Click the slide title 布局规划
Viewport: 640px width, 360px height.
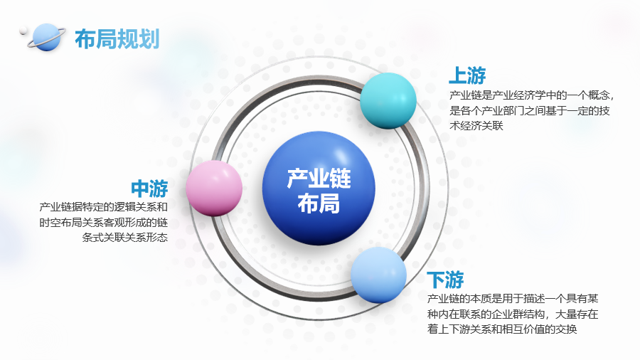(x=117, y=39)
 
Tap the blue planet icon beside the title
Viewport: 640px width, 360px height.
(x=46, y=38)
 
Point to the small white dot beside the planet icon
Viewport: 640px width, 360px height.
(x=23, y=31)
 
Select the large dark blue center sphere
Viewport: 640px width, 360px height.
(x=319, y=188)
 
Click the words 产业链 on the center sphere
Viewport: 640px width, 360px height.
(x=319, y=179)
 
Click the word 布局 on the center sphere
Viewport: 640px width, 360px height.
(x=319, y=203)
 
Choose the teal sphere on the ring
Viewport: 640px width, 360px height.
(x=388, y=100)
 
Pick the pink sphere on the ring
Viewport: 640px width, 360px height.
(x=214, y=188)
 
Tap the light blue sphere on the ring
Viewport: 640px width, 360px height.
(x=379, y=275)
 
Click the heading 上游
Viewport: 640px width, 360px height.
(x=467, y=75)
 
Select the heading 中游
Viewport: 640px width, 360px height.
(x=149, y=189)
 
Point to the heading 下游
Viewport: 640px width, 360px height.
(x=445, y=280)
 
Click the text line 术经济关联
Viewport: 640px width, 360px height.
(x=476, y=126)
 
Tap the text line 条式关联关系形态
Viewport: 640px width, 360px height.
(x=125, y=238)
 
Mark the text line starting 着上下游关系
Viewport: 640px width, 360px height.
(x=502, y=329)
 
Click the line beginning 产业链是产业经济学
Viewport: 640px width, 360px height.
(x=531, y=95)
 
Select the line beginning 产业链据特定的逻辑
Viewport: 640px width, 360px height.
(x=104, y=207)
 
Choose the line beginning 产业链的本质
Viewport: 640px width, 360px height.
(x=513, y=299)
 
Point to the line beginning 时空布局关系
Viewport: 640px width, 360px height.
(x=104, y=223)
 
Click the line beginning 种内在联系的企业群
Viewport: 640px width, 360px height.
(x=513, y=314)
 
